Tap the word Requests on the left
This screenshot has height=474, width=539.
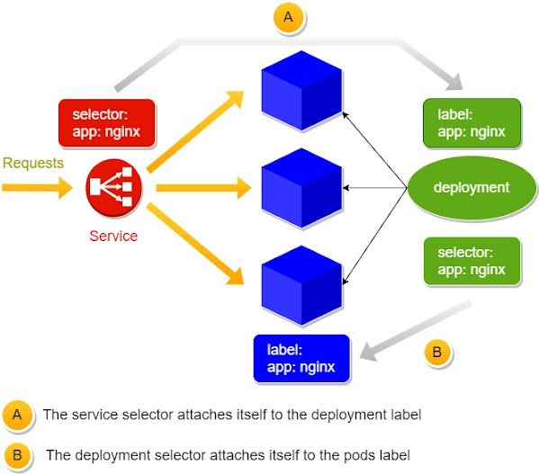[x=33, y=163]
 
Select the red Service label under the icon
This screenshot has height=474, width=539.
[x=113, y=237]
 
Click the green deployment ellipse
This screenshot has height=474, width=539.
[x=471, y=188]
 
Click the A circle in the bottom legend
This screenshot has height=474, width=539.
[x=18, y=415]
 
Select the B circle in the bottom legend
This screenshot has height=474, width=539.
[x=18, y=454]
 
